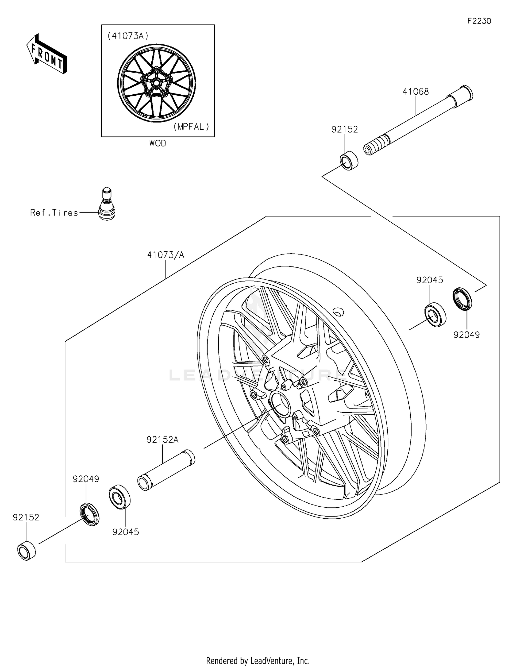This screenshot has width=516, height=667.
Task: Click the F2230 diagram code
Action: tap(479, 21)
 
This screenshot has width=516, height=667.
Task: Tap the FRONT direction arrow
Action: tap(46, 54)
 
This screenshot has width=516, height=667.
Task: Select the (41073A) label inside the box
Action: tap(128, 36)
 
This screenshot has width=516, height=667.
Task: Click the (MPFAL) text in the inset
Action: tap(191, 127)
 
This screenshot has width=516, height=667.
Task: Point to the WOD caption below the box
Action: tap(158, 144)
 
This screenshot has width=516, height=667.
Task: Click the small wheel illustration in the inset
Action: tap(157, 83)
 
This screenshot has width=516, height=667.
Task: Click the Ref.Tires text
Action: tap(54, 213)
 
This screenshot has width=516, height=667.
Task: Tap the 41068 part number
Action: tap(416, 92)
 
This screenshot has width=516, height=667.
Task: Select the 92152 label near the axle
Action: tap(344, 129)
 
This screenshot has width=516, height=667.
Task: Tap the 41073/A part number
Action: tap(165, 255)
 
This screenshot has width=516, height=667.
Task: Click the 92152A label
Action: tap(162, 440)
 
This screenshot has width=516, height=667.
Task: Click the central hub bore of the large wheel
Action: tap(280, 404)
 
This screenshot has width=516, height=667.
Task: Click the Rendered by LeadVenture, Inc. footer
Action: tap(258, 660)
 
